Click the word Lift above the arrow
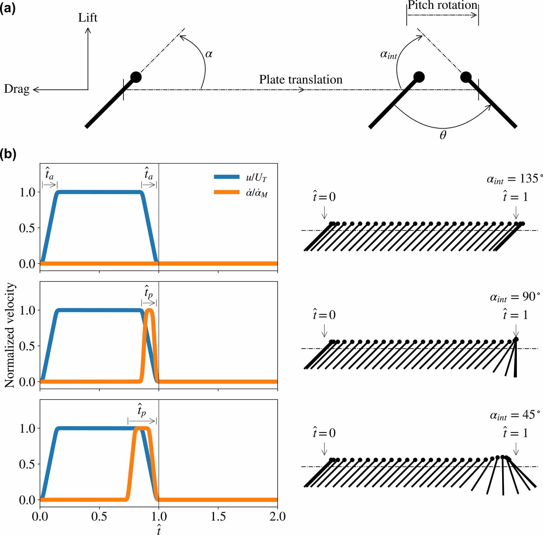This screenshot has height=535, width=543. coord(88,18)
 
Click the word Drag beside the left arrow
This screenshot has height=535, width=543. coord(16,89)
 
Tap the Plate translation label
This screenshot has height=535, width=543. coord(300,79)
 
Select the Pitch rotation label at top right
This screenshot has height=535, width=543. coord(442,5)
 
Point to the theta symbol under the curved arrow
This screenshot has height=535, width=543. coord(443,135)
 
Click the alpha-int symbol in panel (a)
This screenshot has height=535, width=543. coord(388,55)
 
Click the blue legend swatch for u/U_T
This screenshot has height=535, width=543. coord(226,177)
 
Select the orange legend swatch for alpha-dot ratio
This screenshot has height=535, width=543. coord(226,192)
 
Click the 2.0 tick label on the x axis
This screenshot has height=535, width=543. coord(277,516)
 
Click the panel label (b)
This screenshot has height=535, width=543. coord(8,154)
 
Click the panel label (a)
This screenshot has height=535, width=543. coord(8,9)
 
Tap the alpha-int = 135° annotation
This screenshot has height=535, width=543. coord(514,179)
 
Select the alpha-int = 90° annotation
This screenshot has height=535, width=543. coord(515,297)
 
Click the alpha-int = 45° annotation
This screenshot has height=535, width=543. coord(515,415)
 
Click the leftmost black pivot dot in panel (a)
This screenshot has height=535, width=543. coord(136,77)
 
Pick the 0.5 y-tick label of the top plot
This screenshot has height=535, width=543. coord(27,228)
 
